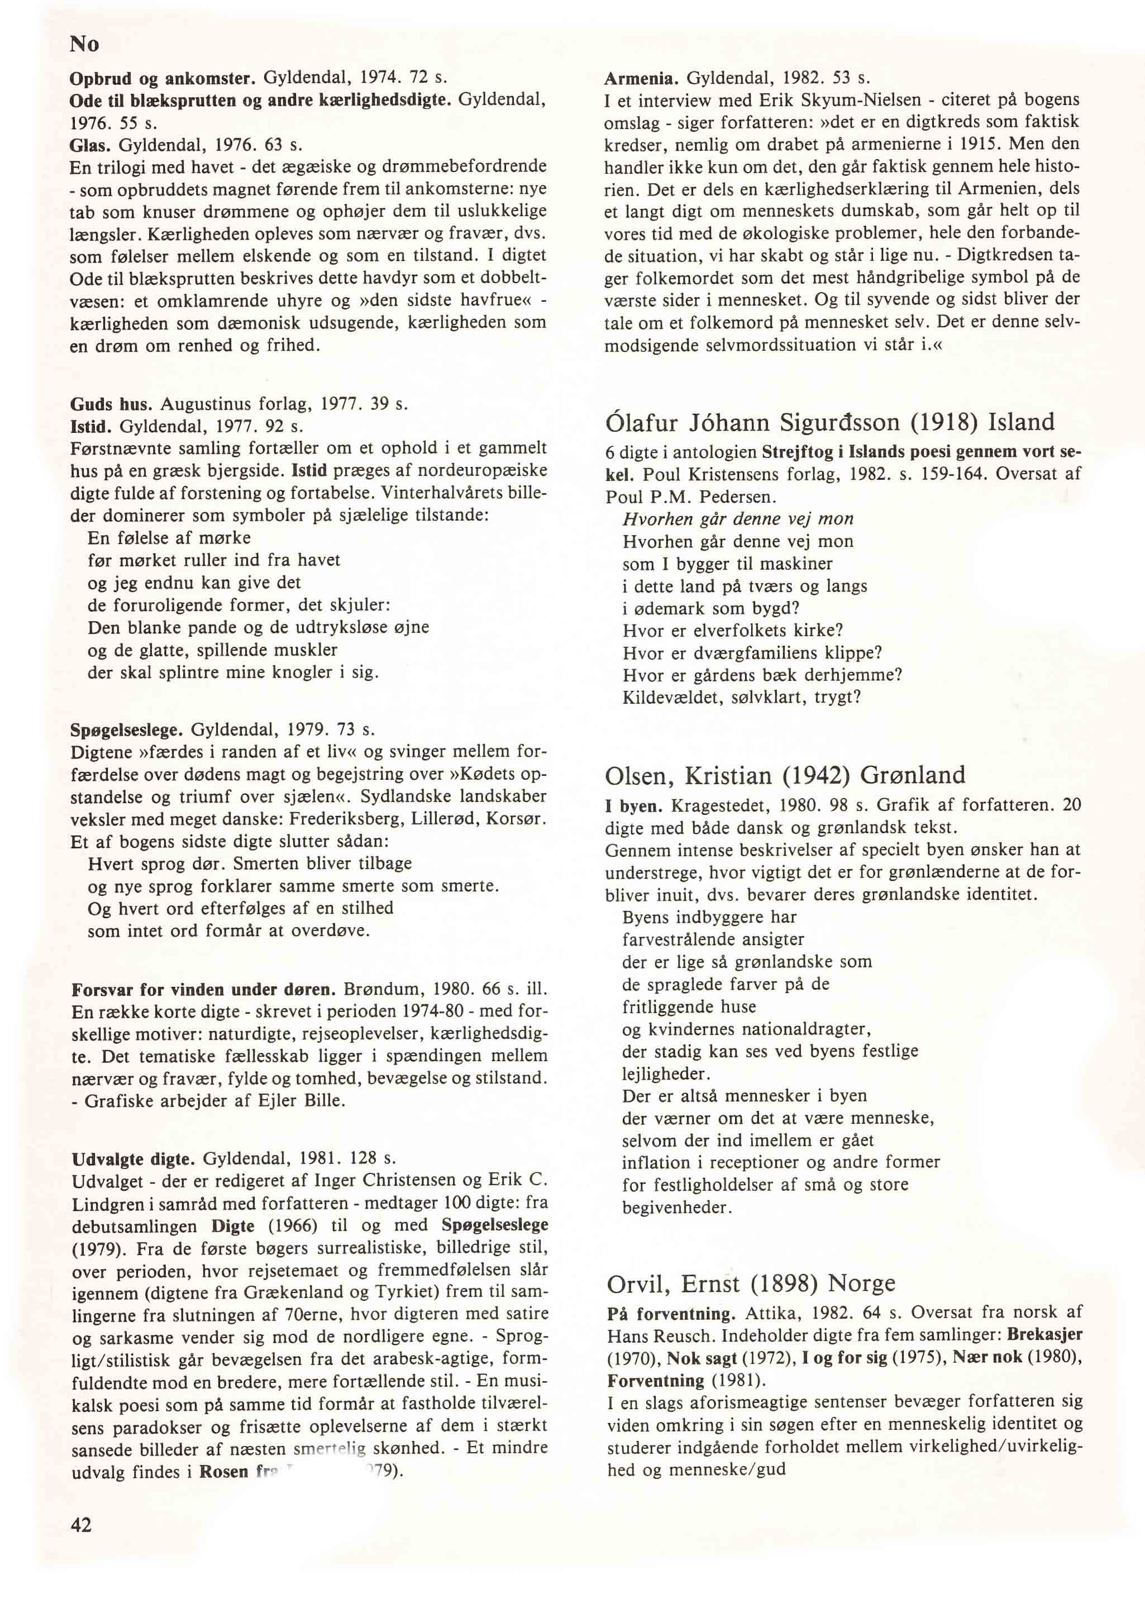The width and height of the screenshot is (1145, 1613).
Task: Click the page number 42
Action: coord(82,1524)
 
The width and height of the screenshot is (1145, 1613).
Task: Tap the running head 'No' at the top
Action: coord(84,45)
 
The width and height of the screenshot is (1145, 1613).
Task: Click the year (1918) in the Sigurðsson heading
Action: coord(944,422)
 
